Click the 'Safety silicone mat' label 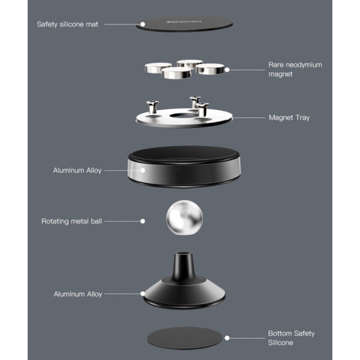[x=67, y=24]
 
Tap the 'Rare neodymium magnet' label [x=295, y=69]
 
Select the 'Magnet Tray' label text [x=289, y=117]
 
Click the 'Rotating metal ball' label [x=72, y=221]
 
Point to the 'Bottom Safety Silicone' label [x=291, y=338]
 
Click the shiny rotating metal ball [x=184, y=217]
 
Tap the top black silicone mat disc [x=184, y=24]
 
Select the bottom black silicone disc [x=184, y=338]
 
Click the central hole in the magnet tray [x=183, y=116]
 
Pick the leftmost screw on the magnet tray [x=153, y=107]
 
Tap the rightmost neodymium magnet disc [x=210, y=69]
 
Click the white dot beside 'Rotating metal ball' [x=143, y=221]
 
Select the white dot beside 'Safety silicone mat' [x=143, y=24]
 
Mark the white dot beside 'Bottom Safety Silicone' [x=227, y=338]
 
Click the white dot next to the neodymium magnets [x=227, y=70]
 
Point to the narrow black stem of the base [x=184, y=266]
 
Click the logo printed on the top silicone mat [x=184, y=22]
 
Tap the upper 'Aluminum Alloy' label [x=77, y=171]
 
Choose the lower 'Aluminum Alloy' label [x=77, y=294]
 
